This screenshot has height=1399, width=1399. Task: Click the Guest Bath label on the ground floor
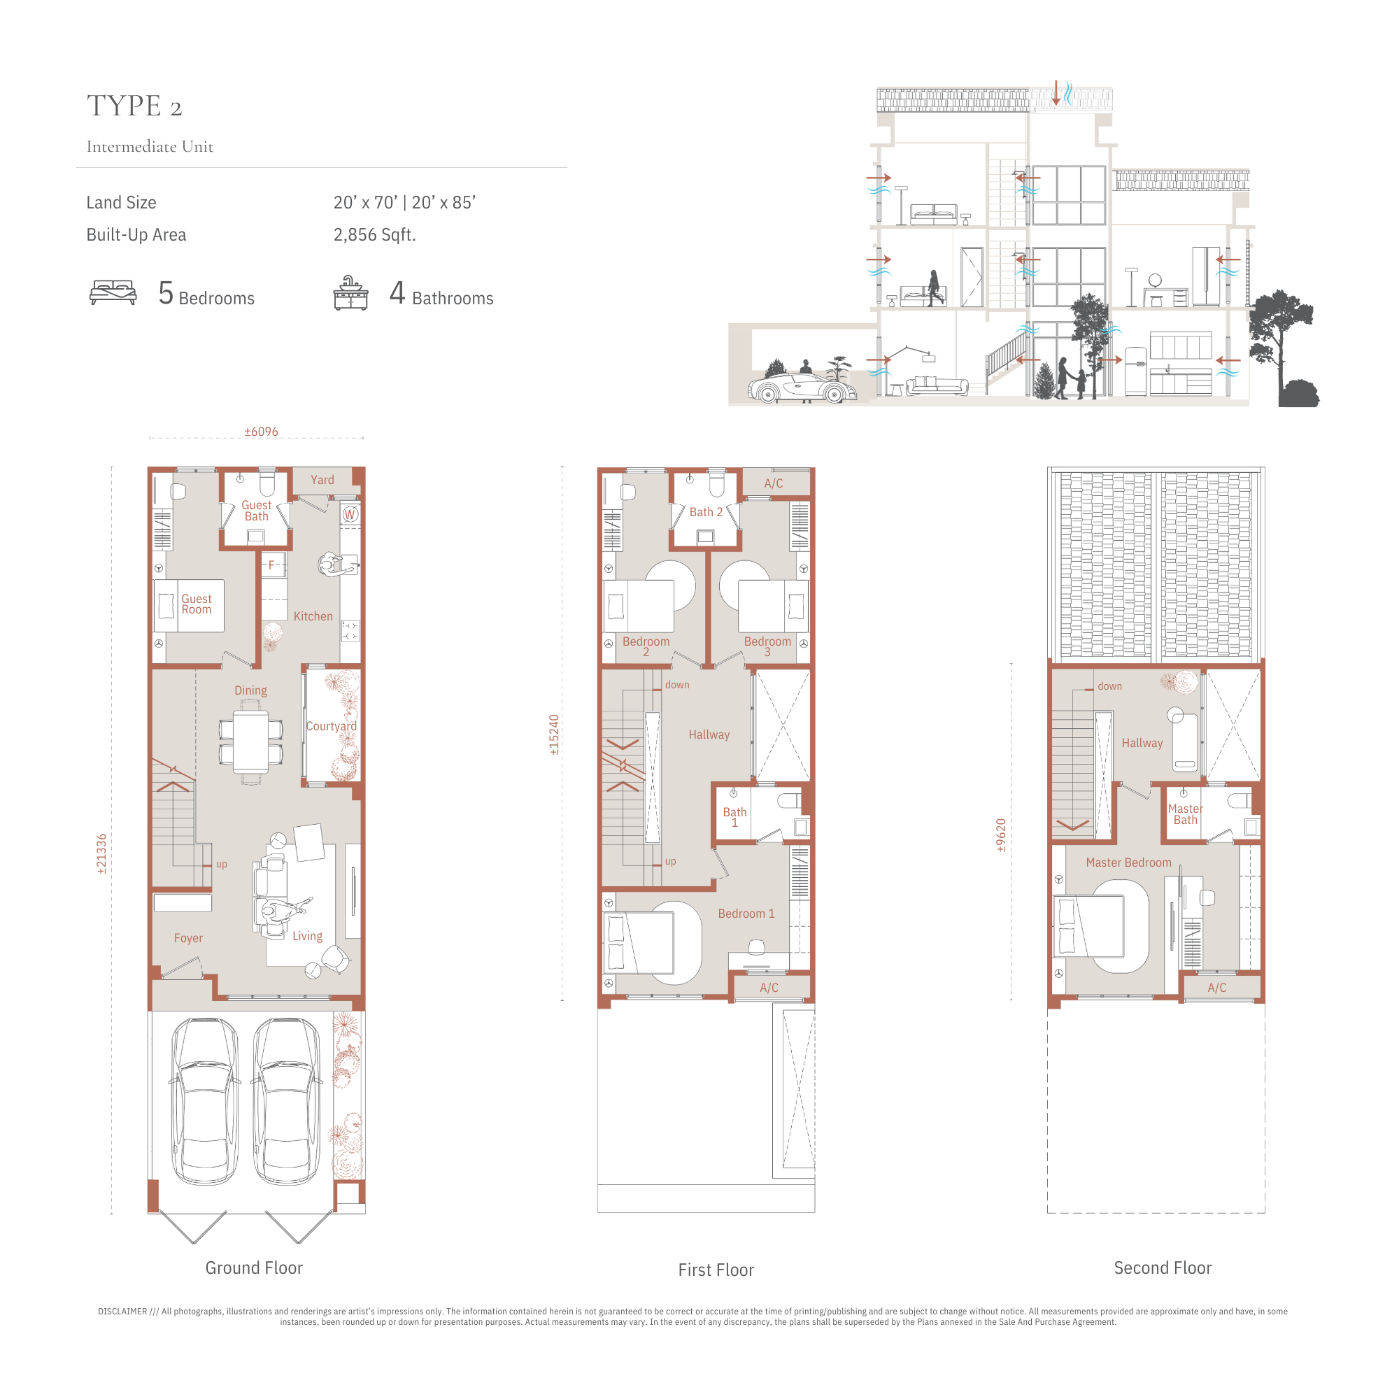(256, 511)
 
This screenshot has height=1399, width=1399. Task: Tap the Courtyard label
(331, 726)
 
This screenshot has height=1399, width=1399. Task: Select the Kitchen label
(313, 616)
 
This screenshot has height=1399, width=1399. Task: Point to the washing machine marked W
(350, 514)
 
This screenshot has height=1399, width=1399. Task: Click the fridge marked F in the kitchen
(273, 564)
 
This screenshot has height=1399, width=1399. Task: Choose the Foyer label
(188, 938)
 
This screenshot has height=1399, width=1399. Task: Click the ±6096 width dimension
(262, 432)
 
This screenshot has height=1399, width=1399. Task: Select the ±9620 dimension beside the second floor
(1001, 835)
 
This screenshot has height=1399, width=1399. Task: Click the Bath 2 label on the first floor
(706, 512)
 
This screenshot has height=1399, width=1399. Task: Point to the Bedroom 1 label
(746, 914)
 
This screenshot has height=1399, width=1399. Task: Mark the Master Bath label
(1186, 814)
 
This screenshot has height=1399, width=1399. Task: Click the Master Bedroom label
(1128, 862)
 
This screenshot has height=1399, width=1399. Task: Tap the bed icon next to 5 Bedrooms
(113, 292)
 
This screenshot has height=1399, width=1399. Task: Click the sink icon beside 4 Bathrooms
(350, 292)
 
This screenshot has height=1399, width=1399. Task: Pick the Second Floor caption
(1162, 1268)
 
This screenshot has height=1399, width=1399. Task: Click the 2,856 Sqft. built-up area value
(374, 234)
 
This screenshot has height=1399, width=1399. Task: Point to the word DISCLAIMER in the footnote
(122, 1312)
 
